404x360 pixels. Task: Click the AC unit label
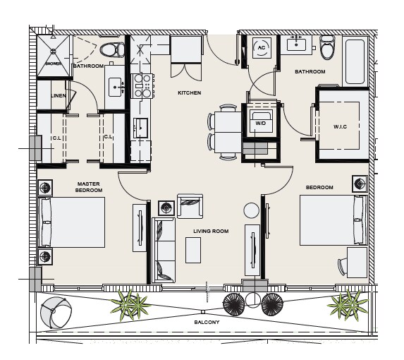[x=262, y=48]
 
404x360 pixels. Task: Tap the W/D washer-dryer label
[x=260, y=124]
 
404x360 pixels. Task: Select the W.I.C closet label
[x=340, y=126]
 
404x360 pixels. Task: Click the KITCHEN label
[x=190, y=93]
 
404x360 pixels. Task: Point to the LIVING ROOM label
[x=211, y=231]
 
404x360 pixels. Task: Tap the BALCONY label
[x=207, y=322]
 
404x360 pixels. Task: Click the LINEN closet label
[x=59, y=96]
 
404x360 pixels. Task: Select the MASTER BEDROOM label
[x=89, y=187]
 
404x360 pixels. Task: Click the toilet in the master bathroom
[x=112, y=49]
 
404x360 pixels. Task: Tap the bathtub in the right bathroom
[x=355, y=61]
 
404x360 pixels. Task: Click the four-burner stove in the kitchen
[x=143, y=86]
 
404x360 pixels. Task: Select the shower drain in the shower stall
[x=54, y=52]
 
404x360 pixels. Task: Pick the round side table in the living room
[x=251, y=210]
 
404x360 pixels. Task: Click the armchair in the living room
[x=190, y=206]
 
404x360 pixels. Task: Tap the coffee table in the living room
[x=193, y=251]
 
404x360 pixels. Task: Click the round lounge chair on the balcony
[x=56, y=313]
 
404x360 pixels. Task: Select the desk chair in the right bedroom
[x=343, y=267]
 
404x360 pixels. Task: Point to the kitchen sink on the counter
[x=141, y=128]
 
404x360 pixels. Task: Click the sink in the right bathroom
[x=297, y=44]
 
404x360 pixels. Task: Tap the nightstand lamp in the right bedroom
[x=360, y=184]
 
